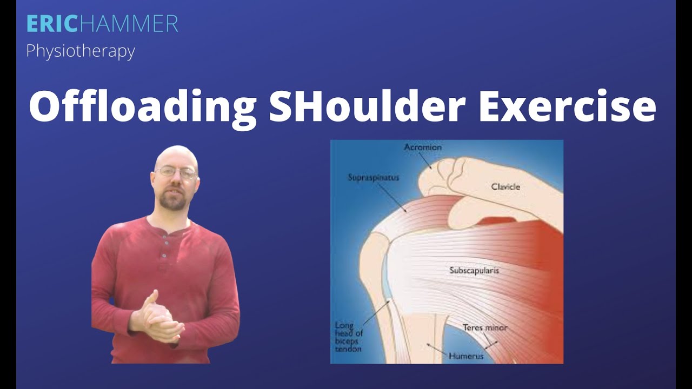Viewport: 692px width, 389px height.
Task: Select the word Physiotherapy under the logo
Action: (81, 51)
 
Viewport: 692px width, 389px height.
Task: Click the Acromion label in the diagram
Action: (423, 147)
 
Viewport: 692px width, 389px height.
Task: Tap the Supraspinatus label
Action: (374, 177)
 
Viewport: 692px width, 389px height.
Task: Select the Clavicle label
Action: (505, 187)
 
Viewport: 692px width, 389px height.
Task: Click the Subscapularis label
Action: (474, 270)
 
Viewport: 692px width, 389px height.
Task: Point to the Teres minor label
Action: (485, 328)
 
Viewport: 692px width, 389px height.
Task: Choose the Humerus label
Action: (465, 356)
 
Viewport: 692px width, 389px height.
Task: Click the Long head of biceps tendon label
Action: (349, 337)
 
